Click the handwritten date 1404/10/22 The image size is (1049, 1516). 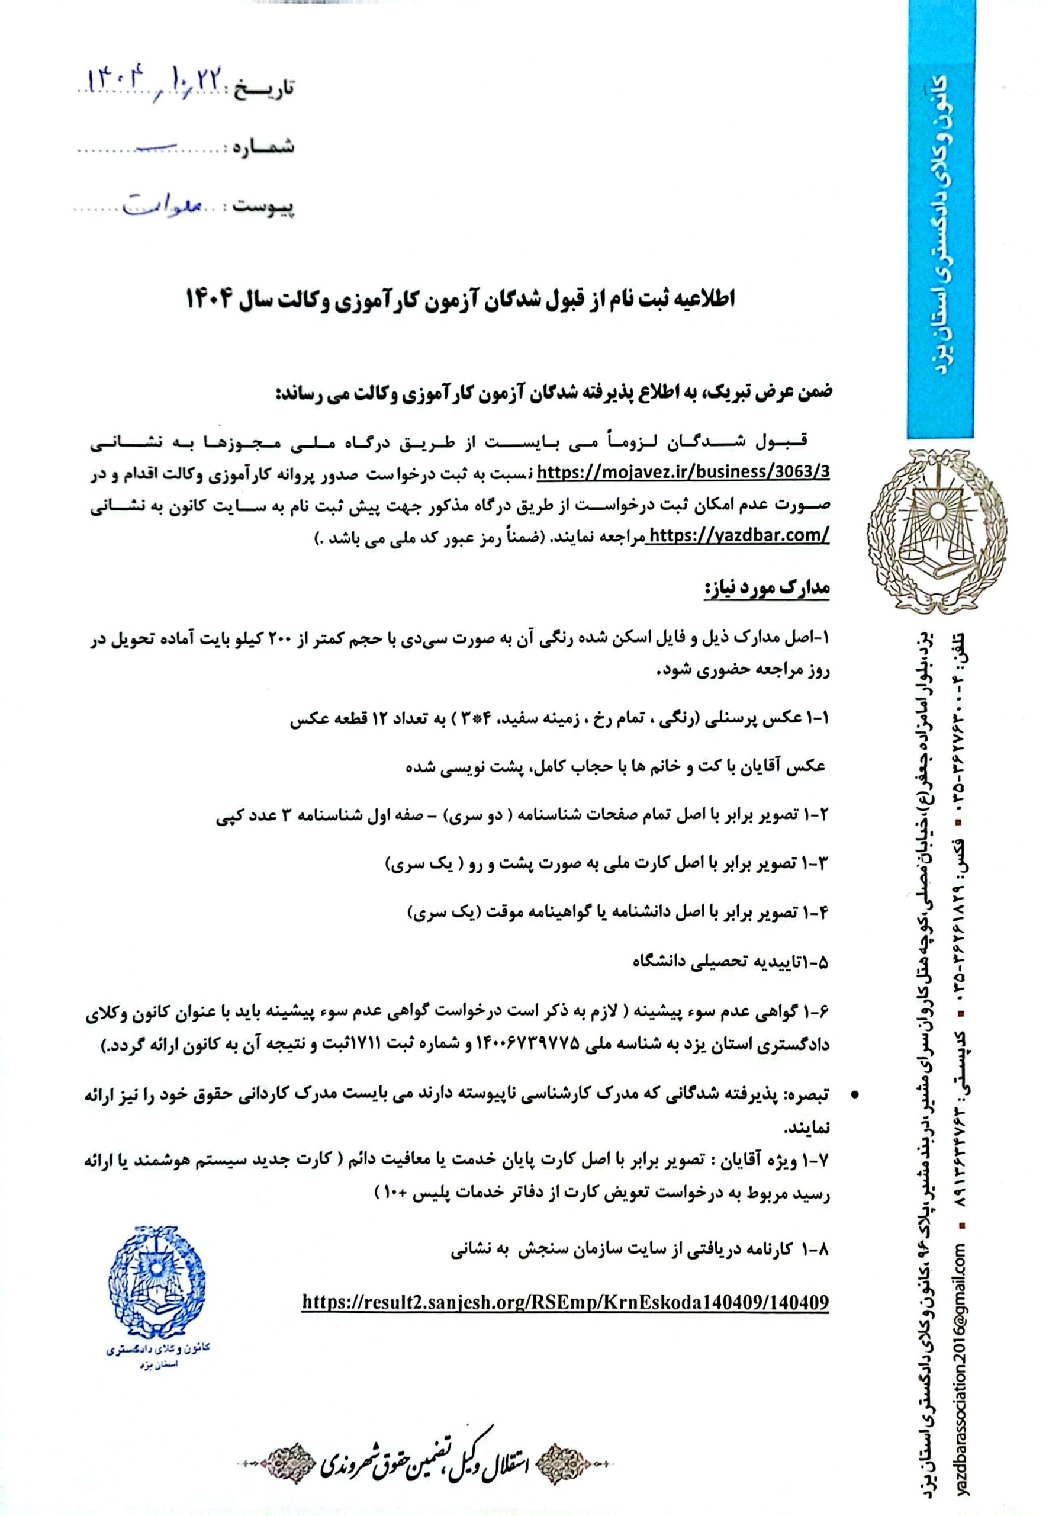(x=155, y=81)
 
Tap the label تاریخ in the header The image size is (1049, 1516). (x=266, y=88)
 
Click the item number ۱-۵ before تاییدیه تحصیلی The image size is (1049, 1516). (x=815, y=963)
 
